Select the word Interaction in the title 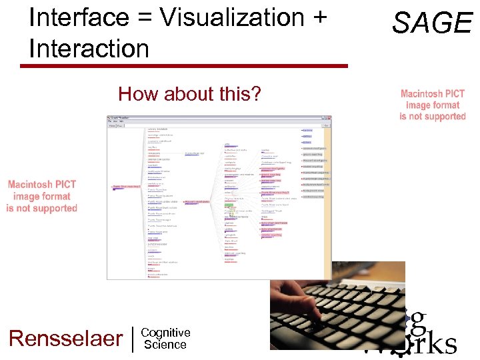click(89, 48)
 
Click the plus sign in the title click(318, 18)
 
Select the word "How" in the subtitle click(134, 94)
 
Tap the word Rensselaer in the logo click(66, 338)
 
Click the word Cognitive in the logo click(166, 333)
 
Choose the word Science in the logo click(165, 345)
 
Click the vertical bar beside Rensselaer click(133, 338)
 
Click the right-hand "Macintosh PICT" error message click(433, 105)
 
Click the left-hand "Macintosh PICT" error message click(42, 196)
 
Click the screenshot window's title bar click(220, 117)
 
